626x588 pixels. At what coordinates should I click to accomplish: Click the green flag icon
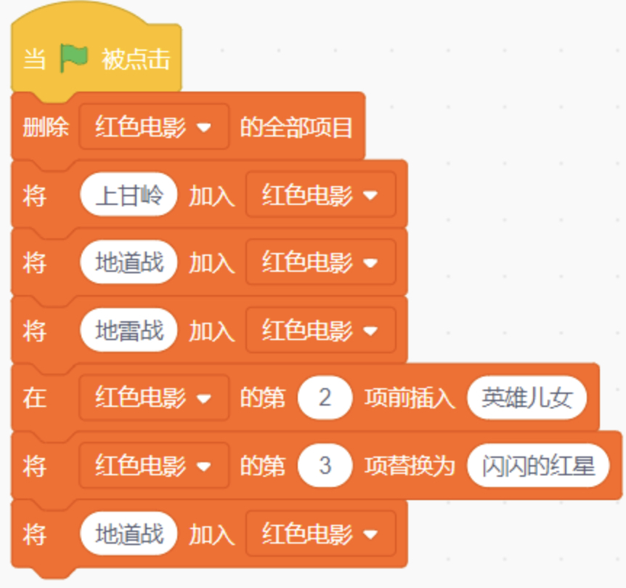click(73, 58)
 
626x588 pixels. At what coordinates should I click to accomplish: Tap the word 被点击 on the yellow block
click(136, 59)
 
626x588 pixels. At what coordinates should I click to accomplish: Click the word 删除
click(46, 127)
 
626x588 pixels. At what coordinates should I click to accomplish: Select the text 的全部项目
click(296, 127)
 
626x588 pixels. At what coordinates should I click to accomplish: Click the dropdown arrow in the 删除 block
click(204, 127)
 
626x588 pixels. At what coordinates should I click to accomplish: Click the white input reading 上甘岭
click(129, 195)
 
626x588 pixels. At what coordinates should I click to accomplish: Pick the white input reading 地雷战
click(129, 331)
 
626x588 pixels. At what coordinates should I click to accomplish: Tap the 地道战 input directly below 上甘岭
click(129, 262)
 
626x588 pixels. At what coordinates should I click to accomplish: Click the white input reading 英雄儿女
click(527, 398)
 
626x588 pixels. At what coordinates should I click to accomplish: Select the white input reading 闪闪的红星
click(538, 466)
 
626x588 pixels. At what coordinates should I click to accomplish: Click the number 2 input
click(325, 398)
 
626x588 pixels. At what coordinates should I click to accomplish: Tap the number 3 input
click(325, 466)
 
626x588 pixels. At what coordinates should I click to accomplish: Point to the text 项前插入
click(410, 398)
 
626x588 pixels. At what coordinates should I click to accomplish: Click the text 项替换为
click(410, 466)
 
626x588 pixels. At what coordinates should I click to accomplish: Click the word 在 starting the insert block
click(35, 398)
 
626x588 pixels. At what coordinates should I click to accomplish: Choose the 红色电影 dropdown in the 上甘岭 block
click(321, 195)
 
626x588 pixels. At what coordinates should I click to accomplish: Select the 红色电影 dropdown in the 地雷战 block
click(321, 331)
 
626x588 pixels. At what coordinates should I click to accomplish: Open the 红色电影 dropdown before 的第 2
click(154, 398)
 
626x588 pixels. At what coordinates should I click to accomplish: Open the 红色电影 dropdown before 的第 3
click(154, 466)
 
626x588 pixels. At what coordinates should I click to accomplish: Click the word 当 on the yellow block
click(34, 59)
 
